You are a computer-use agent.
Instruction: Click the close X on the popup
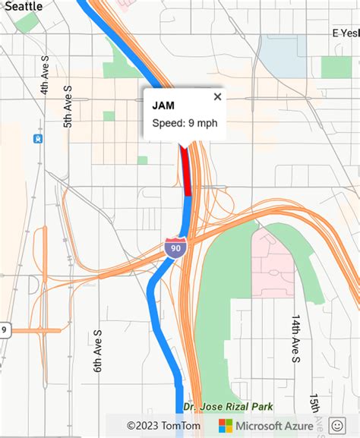coord(218,96)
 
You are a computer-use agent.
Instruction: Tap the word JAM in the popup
coord(163,106)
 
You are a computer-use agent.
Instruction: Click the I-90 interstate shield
coord(175,247)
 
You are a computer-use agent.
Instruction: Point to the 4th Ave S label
coord(45,74)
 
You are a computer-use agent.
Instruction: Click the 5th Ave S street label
coord(68,106)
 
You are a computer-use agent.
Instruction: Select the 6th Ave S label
coord(96,351)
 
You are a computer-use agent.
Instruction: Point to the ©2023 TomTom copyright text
coord(163,426)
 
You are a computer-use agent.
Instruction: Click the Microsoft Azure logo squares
coord(226,426)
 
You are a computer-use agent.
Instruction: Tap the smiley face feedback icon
coord(339,426)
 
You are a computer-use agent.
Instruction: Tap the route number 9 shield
coord(4,329)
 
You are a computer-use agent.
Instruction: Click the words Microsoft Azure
coord(274,426)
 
